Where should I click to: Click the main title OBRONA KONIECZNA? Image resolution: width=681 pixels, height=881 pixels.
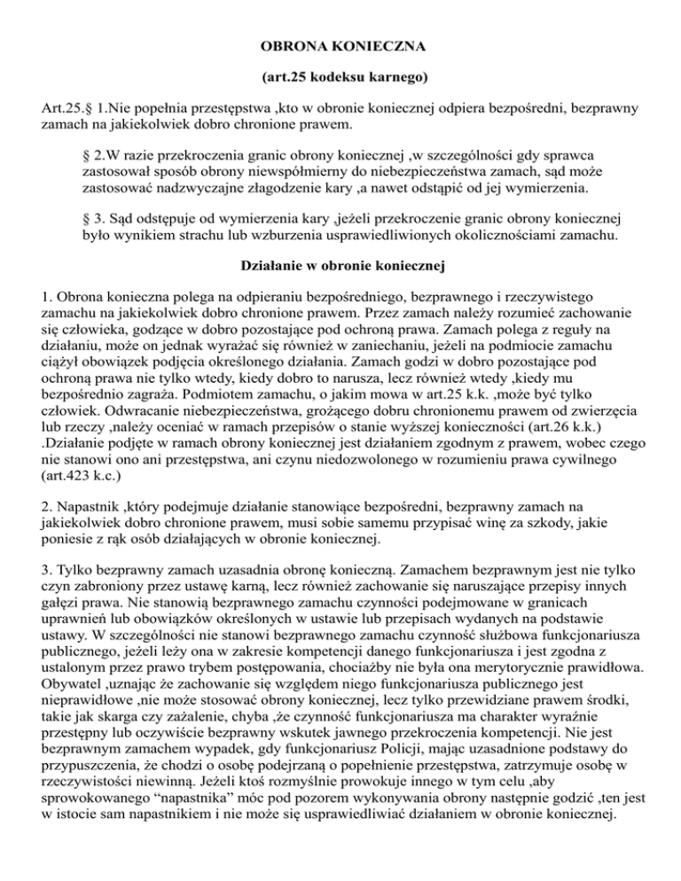click(x=340, y=43)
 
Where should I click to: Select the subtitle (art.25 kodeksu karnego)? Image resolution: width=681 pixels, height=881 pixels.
click(x=340, y=79)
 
